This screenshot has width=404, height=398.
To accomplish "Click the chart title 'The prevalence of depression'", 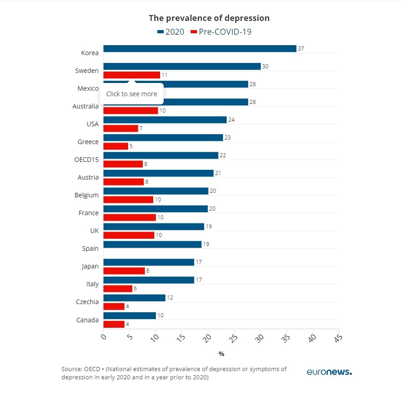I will coord(209,18).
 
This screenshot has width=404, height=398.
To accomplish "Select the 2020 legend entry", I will coord(171,31).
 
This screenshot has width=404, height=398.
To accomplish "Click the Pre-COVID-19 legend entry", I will coord(221,31).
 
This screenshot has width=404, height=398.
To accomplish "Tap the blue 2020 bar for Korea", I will coord(200,49).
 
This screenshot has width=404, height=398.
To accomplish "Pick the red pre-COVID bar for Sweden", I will coord(132,75).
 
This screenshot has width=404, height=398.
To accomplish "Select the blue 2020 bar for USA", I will coord(165,120).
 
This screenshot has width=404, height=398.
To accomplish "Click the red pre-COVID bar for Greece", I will coord(116,146).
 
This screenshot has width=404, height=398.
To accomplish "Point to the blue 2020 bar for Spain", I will coord(152,244).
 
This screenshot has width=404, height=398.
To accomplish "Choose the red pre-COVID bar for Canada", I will coord(114,324).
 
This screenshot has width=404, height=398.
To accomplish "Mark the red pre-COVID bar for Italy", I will coord(118,289).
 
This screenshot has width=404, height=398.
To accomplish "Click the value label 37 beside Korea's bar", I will coord(300,49).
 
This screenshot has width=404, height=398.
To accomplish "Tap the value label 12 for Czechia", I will coord(170,298).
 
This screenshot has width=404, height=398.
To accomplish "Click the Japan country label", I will coord(89,266).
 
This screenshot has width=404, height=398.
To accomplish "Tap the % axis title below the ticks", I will coord(221,354).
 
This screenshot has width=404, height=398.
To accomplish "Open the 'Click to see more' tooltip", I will coord(131,94).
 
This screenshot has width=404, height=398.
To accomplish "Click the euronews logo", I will coord(329,372).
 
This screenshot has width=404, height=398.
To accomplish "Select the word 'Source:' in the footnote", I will coord(72,369).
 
